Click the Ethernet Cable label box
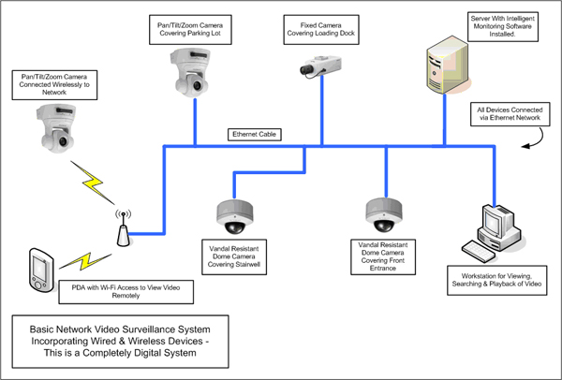tap(255, 134)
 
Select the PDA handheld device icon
tap(41, 270)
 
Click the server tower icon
tap(448, 66)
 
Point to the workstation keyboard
tap(479, 252)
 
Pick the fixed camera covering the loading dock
tap(320, 66)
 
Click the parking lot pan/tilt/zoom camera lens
tap(197, 85)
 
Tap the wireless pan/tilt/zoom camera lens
tap(63, 141)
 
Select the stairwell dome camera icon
tap(235, 217)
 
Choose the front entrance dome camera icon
tap(384, 215)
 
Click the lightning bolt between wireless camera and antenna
tap(93, 183)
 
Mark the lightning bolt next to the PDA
tap(85, 261)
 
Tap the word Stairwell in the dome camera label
tap(246, 265)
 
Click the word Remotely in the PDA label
tap(126, 296)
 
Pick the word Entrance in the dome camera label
tap(383, 269)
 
